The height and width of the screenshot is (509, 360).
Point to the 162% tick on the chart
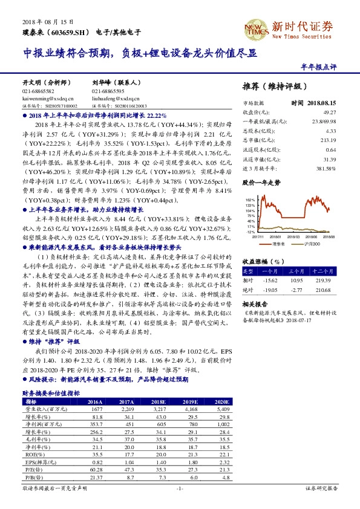coord(249,199)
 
